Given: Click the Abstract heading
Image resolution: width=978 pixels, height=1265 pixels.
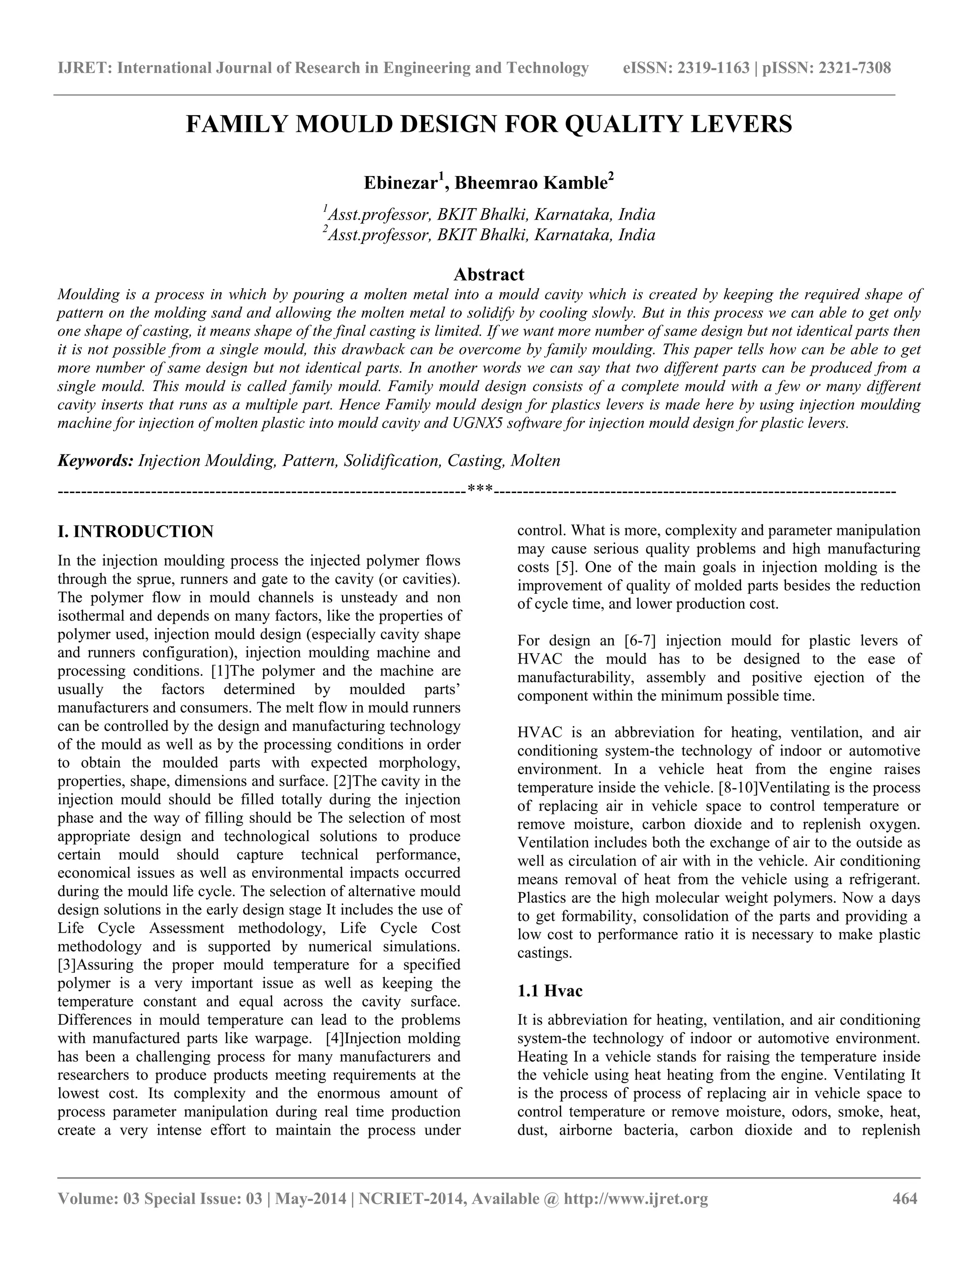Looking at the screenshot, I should click(489, 274).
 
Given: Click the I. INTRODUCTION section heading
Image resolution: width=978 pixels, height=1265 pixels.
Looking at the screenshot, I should click(136, 532).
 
